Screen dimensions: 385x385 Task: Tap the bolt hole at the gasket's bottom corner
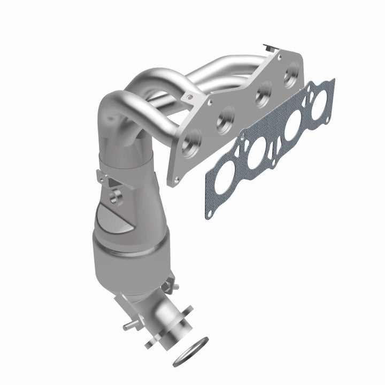click(x=210, y=213)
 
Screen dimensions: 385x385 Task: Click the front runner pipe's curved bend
click(x=118, y=102)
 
